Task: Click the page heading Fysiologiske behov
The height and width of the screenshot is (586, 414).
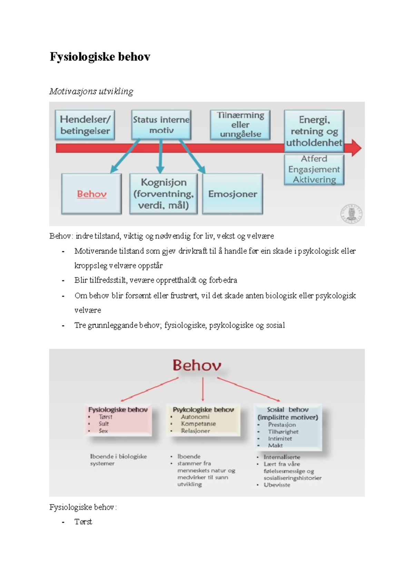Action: click(100, 57)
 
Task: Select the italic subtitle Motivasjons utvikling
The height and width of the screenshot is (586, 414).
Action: click(91, 91)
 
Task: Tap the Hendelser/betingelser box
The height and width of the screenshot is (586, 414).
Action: click(85, 125)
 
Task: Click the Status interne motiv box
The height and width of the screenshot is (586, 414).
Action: click(161, 125)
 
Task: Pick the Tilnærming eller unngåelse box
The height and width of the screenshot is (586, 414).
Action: click(240, 125)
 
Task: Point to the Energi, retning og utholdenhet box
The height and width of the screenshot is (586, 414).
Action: click(314, 131)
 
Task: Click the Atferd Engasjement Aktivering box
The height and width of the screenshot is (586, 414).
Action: click(314, 169)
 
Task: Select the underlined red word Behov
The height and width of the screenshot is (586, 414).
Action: click(91, 194)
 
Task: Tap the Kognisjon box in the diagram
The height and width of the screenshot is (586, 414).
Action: click(163, 194)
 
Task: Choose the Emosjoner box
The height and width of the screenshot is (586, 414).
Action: click(233, 194)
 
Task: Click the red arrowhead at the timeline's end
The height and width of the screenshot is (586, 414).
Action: click(356, 148)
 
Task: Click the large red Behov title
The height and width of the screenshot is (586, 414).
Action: click(197, 365)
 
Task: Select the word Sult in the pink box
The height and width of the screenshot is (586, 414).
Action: click(103, 424)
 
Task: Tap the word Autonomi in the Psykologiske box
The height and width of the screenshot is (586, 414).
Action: click(195, 417)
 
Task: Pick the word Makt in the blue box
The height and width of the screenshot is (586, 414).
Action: click(275, 446)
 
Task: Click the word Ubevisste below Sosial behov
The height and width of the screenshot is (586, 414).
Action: click(277, 485)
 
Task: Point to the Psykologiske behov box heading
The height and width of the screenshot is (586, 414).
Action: click(203, 410)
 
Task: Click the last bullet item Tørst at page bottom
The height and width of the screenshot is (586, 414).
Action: click(83, 522)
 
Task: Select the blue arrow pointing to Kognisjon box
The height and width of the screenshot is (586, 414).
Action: click(160, 157)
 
